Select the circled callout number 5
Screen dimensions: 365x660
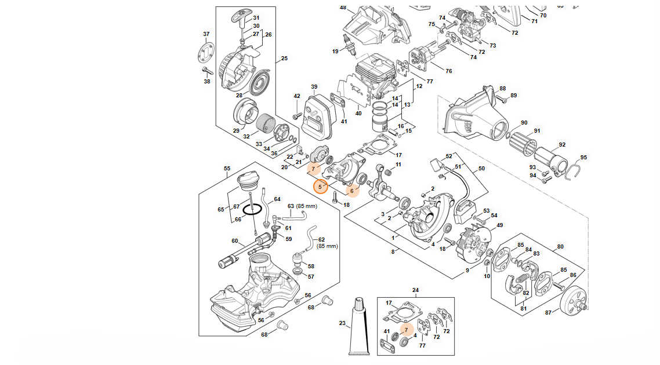pyautogui.click(x=320, y=187)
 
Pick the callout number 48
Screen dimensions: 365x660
pyautogui.click(x=343, y=8)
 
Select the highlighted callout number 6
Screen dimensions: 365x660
pyautogui.click(x=351, y=191)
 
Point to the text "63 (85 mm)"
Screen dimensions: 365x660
pyautogui.click(x=303, y=206)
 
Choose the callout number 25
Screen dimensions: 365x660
pyautogui.click(x=284, y=58)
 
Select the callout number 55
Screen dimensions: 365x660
pyautogui.click(x=227, y=169)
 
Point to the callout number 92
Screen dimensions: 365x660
pyautogui.click(x=561, y=144)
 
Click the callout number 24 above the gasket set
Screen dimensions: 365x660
pyautogui.click(x=415, y=290)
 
